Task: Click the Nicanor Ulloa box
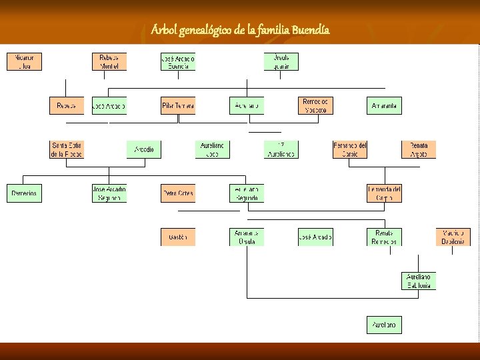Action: [x=24, y=62]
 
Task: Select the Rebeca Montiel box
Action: [x=109, y=62]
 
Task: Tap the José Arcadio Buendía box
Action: [x=178, y=62]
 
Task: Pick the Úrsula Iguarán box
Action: [x=281, y=62]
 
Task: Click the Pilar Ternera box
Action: [x=178, y=106]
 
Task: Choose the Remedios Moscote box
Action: [x=315, y=106]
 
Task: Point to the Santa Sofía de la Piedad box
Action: [x=67, y=149]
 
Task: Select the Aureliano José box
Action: [x=213, y=149]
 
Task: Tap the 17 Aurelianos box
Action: [x=281, y=149]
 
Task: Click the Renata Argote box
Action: [x=419, y=149]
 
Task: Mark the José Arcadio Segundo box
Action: [x=109, y=193]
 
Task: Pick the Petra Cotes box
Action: [x=178, y=193]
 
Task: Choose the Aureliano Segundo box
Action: [x=247, y=193]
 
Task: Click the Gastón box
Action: [x=178, y=237]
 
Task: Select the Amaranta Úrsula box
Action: [x=247, y=237]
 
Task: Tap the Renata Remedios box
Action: [x=385, y=237]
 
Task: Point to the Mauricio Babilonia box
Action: [x=453, y=237]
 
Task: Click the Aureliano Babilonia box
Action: [x=419, y=281]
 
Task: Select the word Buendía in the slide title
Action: [x=310, y=31]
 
